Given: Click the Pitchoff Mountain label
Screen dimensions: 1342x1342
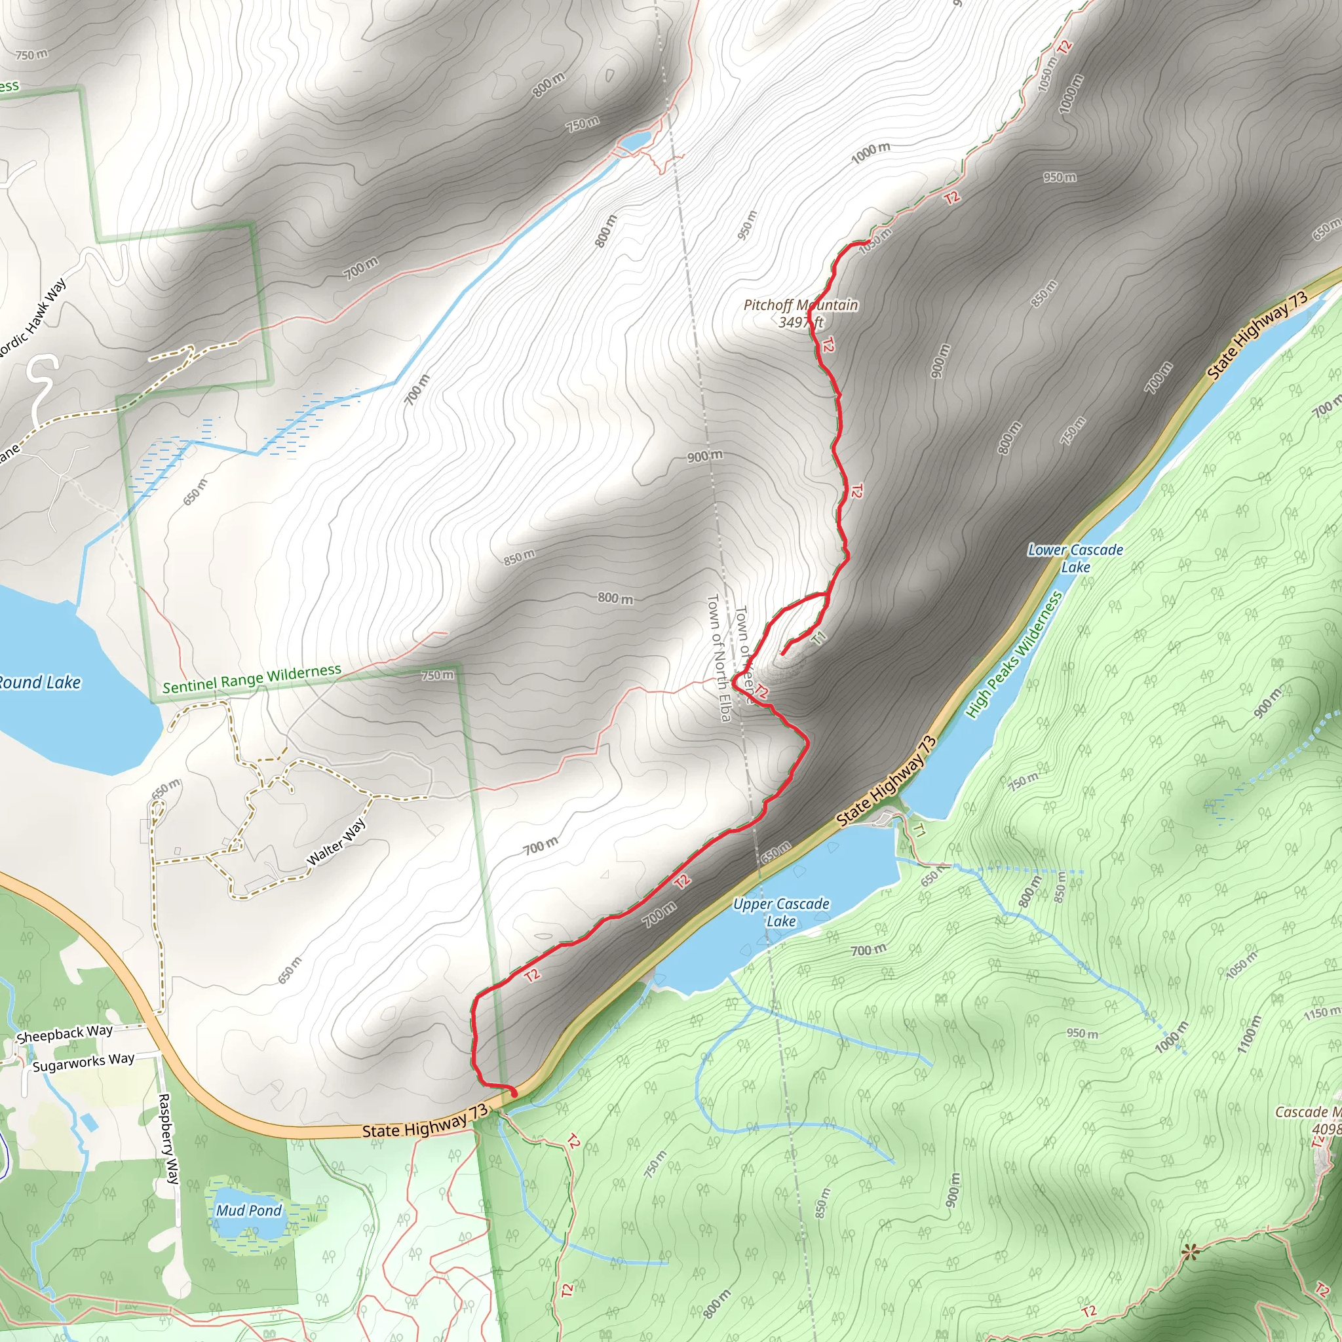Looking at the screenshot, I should click(x=800, y=313).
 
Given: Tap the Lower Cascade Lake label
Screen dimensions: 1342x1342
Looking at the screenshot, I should click(x=1075, y=558).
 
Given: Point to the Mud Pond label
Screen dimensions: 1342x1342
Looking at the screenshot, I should click(x=248, y=1211).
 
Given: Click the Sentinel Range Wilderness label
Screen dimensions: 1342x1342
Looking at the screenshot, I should click(x=252, y=679).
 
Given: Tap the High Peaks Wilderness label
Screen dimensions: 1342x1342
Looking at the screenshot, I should click(x=1014, y=655).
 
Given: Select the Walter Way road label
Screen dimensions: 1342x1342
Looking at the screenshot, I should click(x=336, y=842).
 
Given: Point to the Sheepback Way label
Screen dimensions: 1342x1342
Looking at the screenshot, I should click(x=65, y=1033).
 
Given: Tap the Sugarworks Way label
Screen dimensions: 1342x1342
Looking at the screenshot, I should click(x=83, y=1062).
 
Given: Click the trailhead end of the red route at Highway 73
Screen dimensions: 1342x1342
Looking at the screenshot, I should click(x=514, y=1094).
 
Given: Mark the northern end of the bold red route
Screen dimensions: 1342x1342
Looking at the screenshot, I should click(x=868, y=241).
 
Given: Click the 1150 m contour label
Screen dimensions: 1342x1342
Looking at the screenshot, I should click(x=1321, y=1014).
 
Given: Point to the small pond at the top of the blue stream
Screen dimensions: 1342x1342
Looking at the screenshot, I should click(x=634, y=142).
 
